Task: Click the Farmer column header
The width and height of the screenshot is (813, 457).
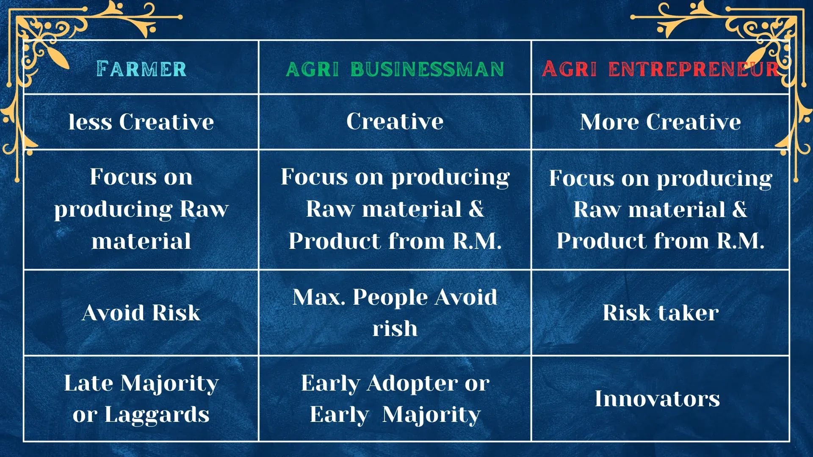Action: click(x=141, y=69)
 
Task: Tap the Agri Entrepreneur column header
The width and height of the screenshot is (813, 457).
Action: click(x=660, y=69)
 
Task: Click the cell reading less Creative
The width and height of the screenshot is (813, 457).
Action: click(x=141, y=122)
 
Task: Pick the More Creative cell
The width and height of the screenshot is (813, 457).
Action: click(x=660, y=122)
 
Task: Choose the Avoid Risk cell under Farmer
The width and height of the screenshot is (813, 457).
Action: click(x=141, y=313)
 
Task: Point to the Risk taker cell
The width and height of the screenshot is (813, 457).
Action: click(x=661, y=313)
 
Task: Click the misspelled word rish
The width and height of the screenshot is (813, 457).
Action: click(x=395, y=328)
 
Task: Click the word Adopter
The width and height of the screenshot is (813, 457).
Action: click(x=412, y=384)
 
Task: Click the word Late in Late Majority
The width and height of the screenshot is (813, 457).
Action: click(x=88, y=383)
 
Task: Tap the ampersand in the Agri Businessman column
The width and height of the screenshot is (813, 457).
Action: click(x=476, y=209)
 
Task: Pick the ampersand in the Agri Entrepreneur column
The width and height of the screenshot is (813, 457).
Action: click(x=740, y=209)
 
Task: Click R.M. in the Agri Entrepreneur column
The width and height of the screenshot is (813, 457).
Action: click(x=741, y=241)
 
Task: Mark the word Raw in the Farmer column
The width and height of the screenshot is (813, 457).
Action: click(x=204, y=209)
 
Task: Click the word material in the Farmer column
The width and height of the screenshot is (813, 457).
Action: click(x=141, y=241)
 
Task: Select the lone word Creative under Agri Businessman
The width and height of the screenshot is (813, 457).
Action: click(x=395, y=121)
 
